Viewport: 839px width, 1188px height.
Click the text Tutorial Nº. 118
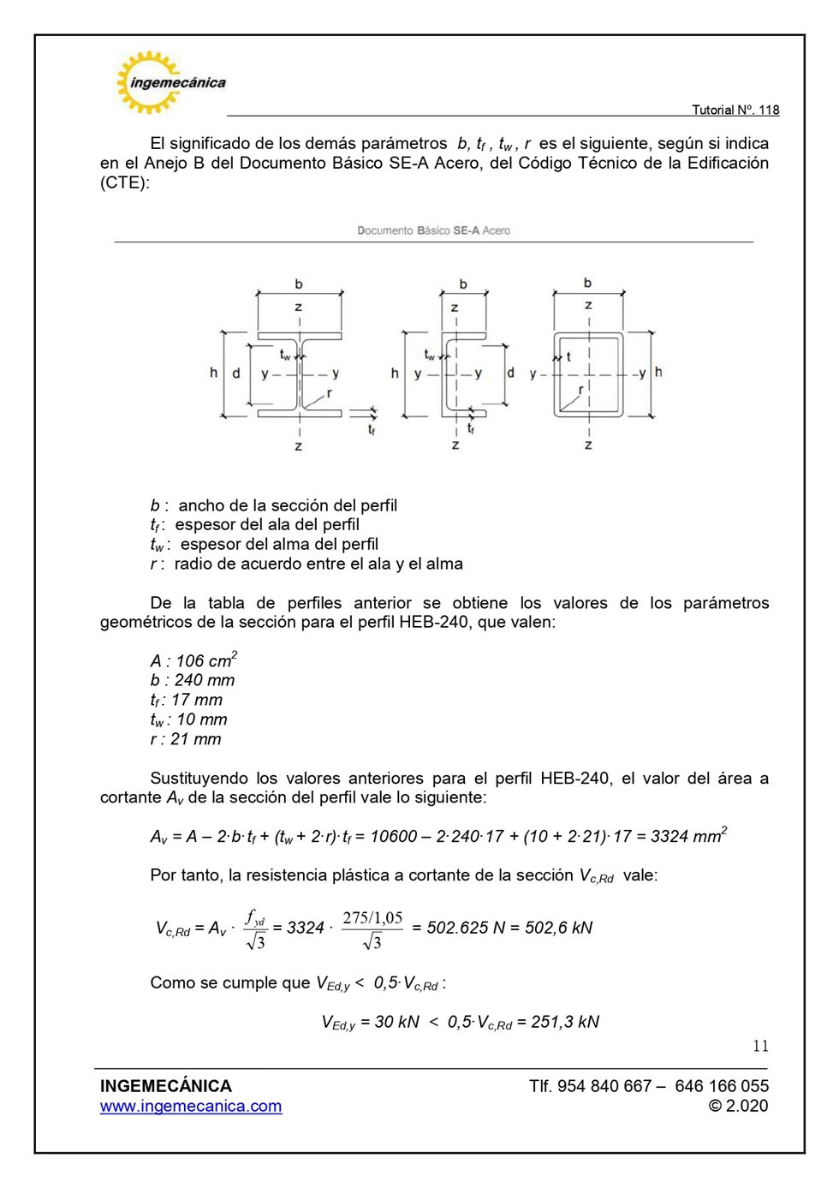coord(735,110)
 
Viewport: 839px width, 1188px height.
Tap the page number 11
coord(760,1046)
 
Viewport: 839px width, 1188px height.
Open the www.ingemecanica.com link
coord(191,1106)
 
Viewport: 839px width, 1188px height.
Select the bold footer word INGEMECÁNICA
coord(166,1086)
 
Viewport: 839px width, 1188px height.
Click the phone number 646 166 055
coord(722,1086)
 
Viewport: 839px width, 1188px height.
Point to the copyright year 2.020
coord(747,1106)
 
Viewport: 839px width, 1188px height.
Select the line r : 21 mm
coord(186,739)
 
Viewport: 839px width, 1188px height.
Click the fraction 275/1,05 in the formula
coord(372,918)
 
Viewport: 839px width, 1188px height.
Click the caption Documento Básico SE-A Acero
coord(433,230)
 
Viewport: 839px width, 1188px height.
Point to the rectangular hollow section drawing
coord(588,374)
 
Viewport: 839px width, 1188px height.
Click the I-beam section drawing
coord(299,374)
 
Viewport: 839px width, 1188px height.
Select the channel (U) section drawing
coord(462,374)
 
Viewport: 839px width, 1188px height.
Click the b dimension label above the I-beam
coord(299,284)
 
